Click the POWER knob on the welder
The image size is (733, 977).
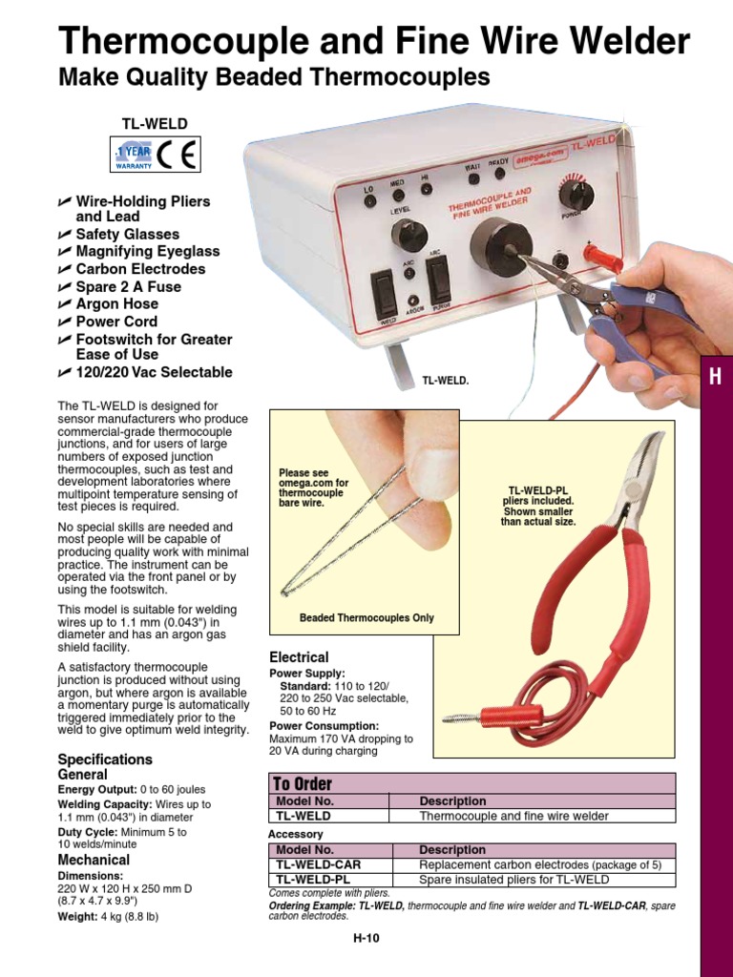coord(576,195)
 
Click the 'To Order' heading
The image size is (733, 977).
coord(303,784)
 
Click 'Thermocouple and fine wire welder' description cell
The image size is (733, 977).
coord(513,817)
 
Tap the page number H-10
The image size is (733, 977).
coord(366,938)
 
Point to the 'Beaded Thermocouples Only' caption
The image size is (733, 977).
coord(366,617)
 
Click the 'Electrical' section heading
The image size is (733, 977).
coord(299,657)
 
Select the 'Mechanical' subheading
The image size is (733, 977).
coord(94,860)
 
